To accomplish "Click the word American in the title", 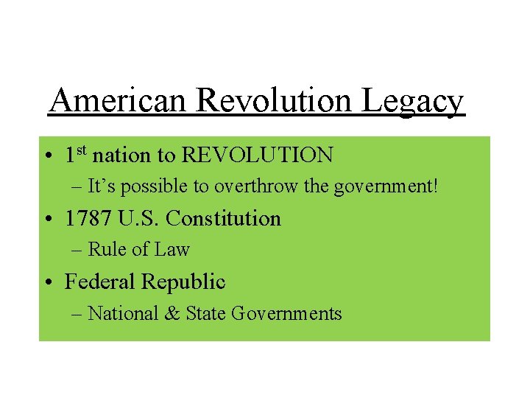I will click(x=118, y=101).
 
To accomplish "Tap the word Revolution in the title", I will click(x=275, y=101).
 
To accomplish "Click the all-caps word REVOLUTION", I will click(x=257, y=156).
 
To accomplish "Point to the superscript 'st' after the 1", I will click(x=82, y=150).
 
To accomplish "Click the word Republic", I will click(x=183, y=282).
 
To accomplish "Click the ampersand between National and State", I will click(x=172, y=313).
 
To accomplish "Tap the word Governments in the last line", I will click(x=286, y=313).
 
